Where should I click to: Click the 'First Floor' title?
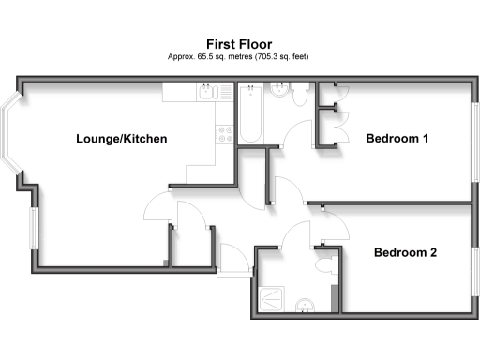(239, 43)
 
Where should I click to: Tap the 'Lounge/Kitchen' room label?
(122, 140)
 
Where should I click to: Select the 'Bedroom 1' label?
(397, 140)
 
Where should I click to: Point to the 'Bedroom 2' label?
(406, 252)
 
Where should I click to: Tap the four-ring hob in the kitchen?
(225, 133)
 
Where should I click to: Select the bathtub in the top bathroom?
(250, 114)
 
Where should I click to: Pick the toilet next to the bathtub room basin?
(303, 94)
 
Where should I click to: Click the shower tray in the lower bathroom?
(269, 298)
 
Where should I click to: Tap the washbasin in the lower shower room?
(305, 306)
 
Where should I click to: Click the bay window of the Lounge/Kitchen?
(16, 137)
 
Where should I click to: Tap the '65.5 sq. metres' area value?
(208, 57)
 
